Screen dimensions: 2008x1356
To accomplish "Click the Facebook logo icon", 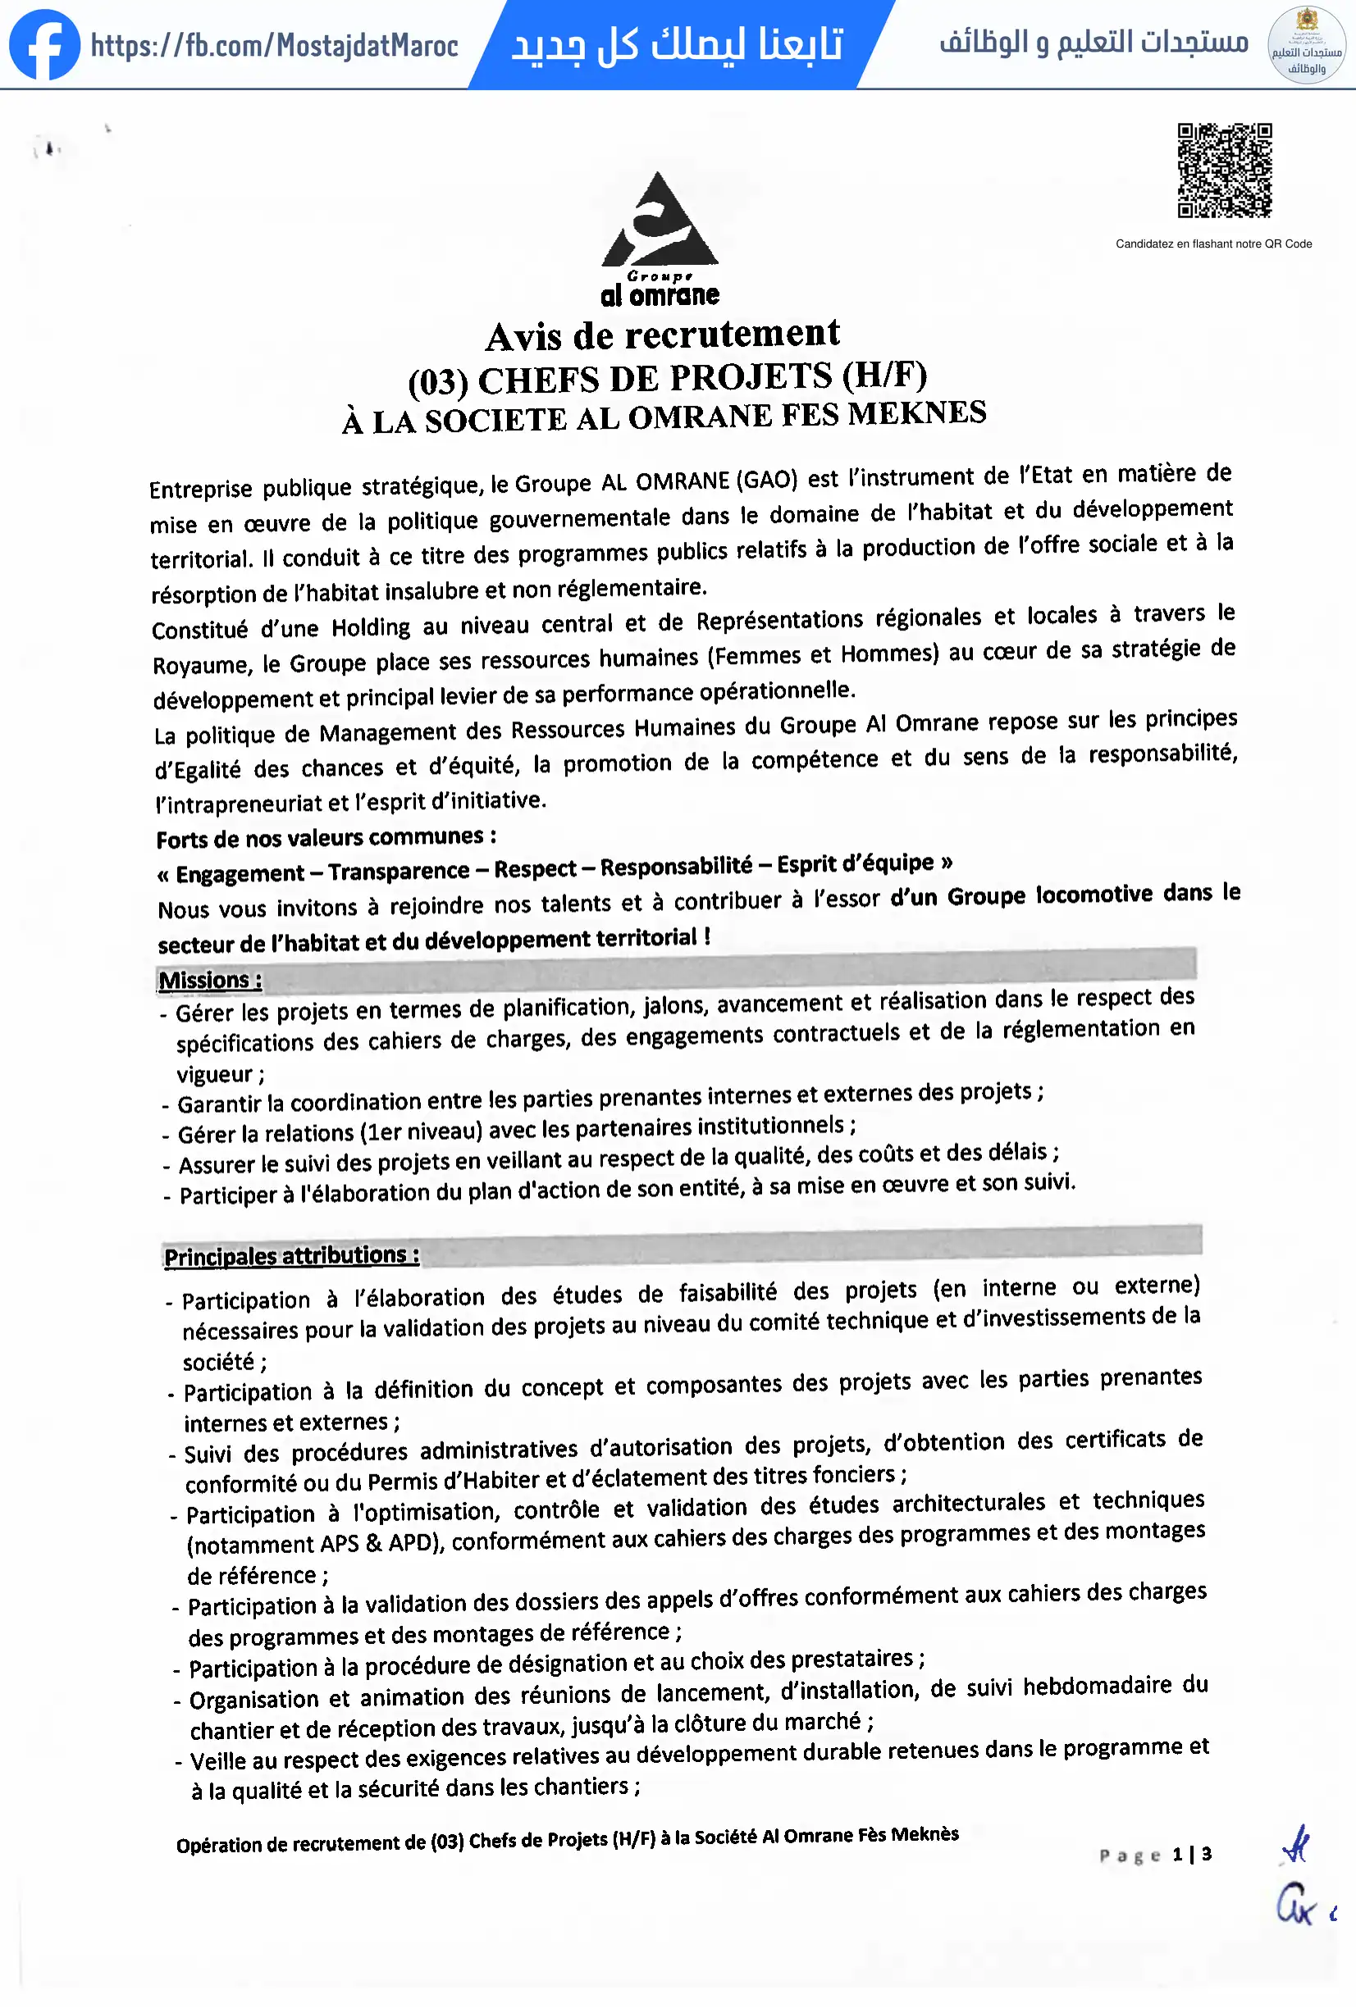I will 44,44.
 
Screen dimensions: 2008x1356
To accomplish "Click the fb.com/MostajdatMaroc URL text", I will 274,45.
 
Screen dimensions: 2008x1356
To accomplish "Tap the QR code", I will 1225,171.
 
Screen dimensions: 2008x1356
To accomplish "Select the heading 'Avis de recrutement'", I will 663,335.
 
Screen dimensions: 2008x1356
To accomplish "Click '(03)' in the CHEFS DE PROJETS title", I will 438,382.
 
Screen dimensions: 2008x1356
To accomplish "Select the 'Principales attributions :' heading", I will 291,1255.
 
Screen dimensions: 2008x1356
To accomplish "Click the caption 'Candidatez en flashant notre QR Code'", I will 1213,244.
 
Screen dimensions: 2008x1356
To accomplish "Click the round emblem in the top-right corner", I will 1306,45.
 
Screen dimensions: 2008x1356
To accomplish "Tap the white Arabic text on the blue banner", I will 678,45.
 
